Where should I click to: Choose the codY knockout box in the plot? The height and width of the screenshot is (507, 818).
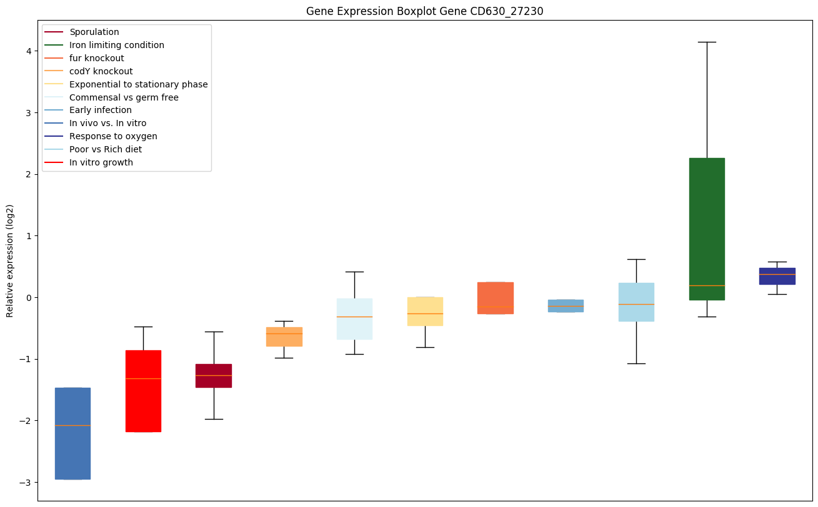coord(284,337)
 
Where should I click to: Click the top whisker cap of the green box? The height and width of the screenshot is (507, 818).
coord(706,42)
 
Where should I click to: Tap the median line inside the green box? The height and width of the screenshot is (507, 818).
coord(706,285)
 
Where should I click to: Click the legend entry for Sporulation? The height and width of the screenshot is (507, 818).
coord(94,32)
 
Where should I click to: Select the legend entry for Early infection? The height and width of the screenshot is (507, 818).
coord(101,111)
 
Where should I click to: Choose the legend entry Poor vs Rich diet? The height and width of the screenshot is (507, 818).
coord(106,149)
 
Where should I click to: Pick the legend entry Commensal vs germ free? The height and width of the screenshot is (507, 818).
coord(124,97)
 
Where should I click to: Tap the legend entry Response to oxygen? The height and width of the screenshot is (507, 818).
coord(113,136)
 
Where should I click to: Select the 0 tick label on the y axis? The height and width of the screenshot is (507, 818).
coord(29,297)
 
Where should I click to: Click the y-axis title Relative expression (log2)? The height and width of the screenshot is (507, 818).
coord(10,261)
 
